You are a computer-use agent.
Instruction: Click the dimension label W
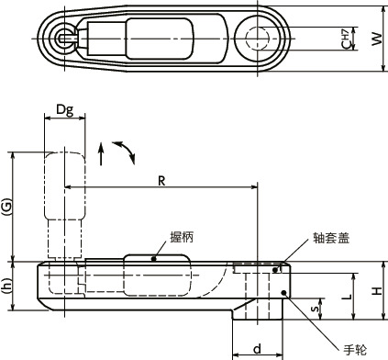[374, 39]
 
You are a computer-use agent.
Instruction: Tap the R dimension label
[161, 181]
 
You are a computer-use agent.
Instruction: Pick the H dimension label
[376, 290]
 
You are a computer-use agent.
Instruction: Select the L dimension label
[347, 297]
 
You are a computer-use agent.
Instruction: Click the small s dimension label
[316, 309]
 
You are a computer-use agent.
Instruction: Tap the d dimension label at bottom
[258, 348]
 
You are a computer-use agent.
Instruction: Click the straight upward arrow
[102, 153]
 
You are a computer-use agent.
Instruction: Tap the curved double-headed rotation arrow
[123, 152]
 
